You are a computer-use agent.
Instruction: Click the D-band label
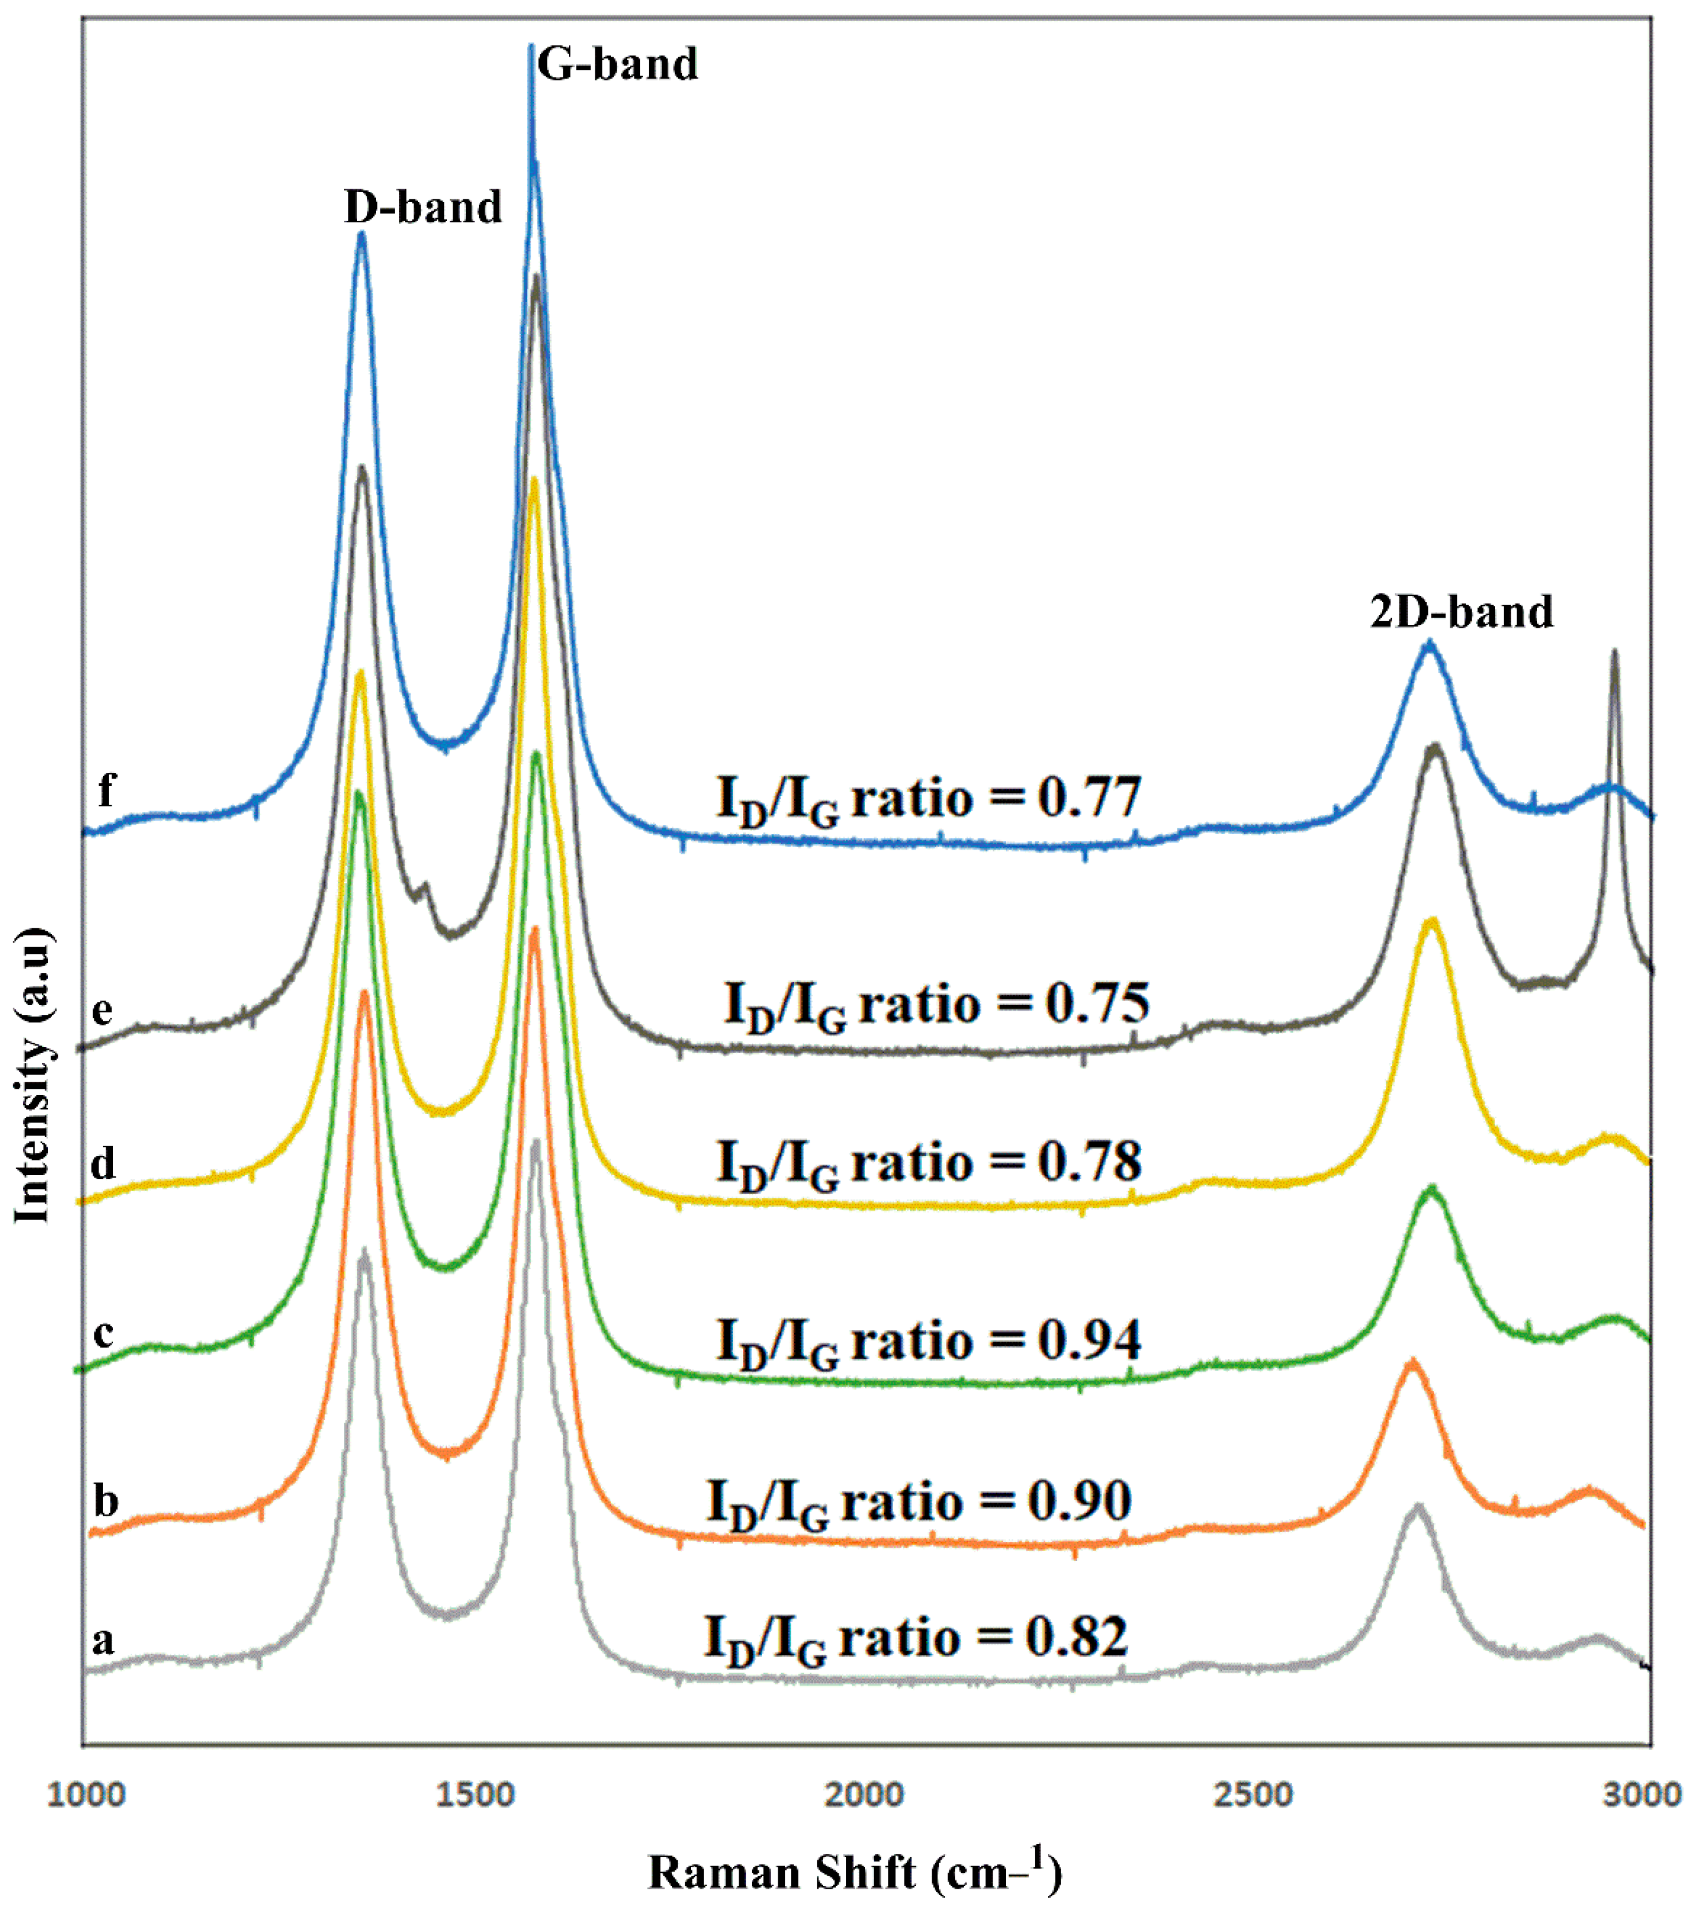[x=423, y=207]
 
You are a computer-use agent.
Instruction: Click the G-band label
[x=617, y=64]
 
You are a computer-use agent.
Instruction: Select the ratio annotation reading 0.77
[x=928, y=799]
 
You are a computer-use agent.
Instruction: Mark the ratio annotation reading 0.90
[x=918, y=1503]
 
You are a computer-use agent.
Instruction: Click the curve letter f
[x=106, y=791]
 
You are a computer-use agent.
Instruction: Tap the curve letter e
[x=102, y=1009]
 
